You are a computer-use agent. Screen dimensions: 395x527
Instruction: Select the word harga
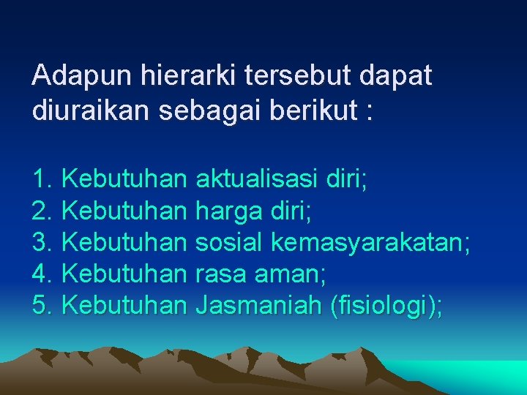pyautogui.click(x=227, y=211)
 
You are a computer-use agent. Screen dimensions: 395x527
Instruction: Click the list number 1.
pyautogui.click(x=42, y=178)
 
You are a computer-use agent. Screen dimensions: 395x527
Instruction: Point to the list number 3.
pyautogui.click(x=42, y=242)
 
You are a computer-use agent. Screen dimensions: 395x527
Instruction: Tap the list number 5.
pyautogui.click(x=42, y=306)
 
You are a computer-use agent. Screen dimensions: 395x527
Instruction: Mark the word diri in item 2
pyautogui.click(x=290, y=211)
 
